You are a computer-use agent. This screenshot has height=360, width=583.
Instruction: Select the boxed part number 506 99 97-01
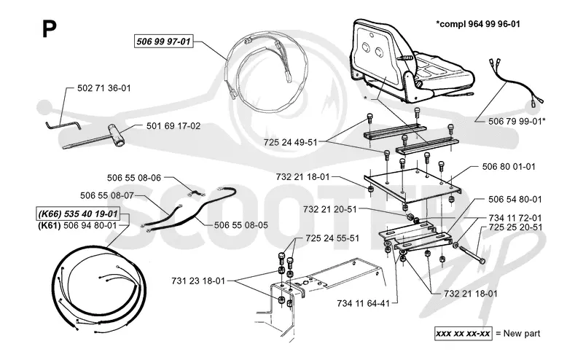(163, 42)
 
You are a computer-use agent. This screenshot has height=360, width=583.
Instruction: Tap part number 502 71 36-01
(104, 88)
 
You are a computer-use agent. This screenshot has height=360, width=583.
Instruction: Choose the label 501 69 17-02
(173, 125)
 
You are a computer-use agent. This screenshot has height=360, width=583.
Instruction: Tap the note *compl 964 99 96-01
(478, 24)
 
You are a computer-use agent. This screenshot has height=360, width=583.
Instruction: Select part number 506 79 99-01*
(517, 121)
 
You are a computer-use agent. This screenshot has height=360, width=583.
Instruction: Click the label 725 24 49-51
(290, 142)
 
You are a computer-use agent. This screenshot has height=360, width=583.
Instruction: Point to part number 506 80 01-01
(509, 167)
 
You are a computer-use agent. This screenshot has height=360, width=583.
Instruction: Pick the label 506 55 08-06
(134, 178)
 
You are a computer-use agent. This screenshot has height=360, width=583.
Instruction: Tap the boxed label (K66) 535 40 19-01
(78, 214)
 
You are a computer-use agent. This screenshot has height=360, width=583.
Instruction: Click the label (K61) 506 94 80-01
(77, 225)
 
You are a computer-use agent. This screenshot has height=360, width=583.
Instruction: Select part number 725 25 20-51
(516, 227)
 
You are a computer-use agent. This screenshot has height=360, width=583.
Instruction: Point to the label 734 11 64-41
(363, 303)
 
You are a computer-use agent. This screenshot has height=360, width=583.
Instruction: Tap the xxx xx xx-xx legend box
(463, 333)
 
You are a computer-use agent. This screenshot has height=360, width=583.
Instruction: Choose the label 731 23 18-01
(198, 281)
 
